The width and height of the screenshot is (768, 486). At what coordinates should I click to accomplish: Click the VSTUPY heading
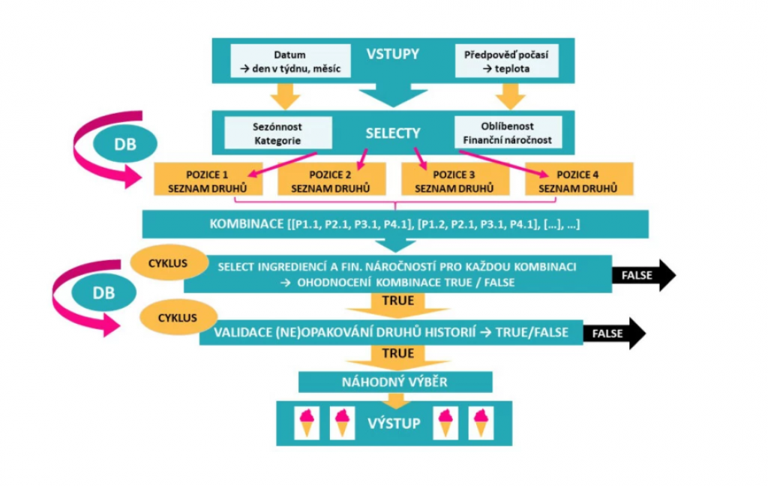[392, 54]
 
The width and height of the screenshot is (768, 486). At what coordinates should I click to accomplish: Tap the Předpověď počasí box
[507, 61]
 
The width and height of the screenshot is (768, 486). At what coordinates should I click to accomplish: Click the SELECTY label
[392, 133]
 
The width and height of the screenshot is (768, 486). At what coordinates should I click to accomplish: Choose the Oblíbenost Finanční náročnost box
[506, 133]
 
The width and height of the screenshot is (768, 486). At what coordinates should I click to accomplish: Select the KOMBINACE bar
[395, 224]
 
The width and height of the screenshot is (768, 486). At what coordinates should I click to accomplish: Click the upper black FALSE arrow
[642, 275]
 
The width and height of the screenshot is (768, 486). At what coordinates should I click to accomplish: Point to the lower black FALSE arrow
[613, 332]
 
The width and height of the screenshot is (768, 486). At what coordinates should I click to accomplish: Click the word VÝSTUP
[394, 424]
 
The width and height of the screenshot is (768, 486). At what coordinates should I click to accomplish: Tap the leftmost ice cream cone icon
[307, 423]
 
